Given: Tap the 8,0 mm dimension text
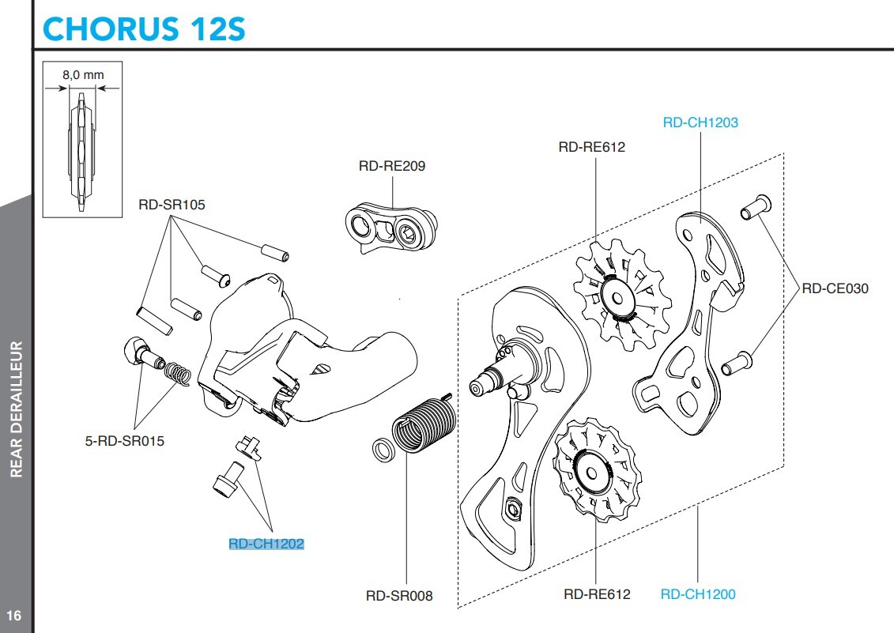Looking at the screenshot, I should pyautogui.click(x=83, y=74).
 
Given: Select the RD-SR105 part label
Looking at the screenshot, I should pyautogui.click(x=172, y=205).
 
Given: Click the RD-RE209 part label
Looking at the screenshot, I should pyautogui.click(x=391, y=166).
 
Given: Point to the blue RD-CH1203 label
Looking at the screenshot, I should pyautogui.click(x=700, y=122).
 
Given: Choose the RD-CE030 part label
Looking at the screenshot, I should pyautogui.click(x=835, y=288).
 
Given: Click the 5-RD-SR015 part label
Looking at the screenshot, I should pyautogui.click(x=125, y=441).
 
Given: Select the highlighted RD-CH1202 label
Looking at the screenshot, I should pyautogui.click(x=266, y=544).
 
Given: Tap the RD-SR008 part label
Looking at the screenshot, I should pyautogui.click(x=399, y=596).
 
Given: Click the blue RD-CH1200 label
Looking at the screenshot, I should pyautogui.click(x=697, y=594).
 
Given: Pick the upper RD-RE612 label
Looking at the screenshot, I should pyautogui.click(x=591, y=146).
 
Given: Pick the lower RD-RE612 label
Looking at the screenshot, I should pyautogui.click(x=597, y=594).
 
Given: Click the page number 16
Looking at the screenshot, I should pyautogui.click(x=13, y=616).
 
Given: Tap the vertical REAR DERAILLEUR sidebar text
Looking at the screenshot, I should pyautogui.click(x=16, y=409).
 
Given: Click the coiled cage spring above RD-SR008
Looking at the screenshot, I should pyautogui.click(x=425, y=425).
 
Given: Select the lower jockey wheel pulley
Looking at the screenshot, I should pyautogui.click(x=595, y=469).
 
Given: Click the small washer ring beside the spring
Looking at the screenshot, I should pyautogui.click(x=384, y=450).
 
